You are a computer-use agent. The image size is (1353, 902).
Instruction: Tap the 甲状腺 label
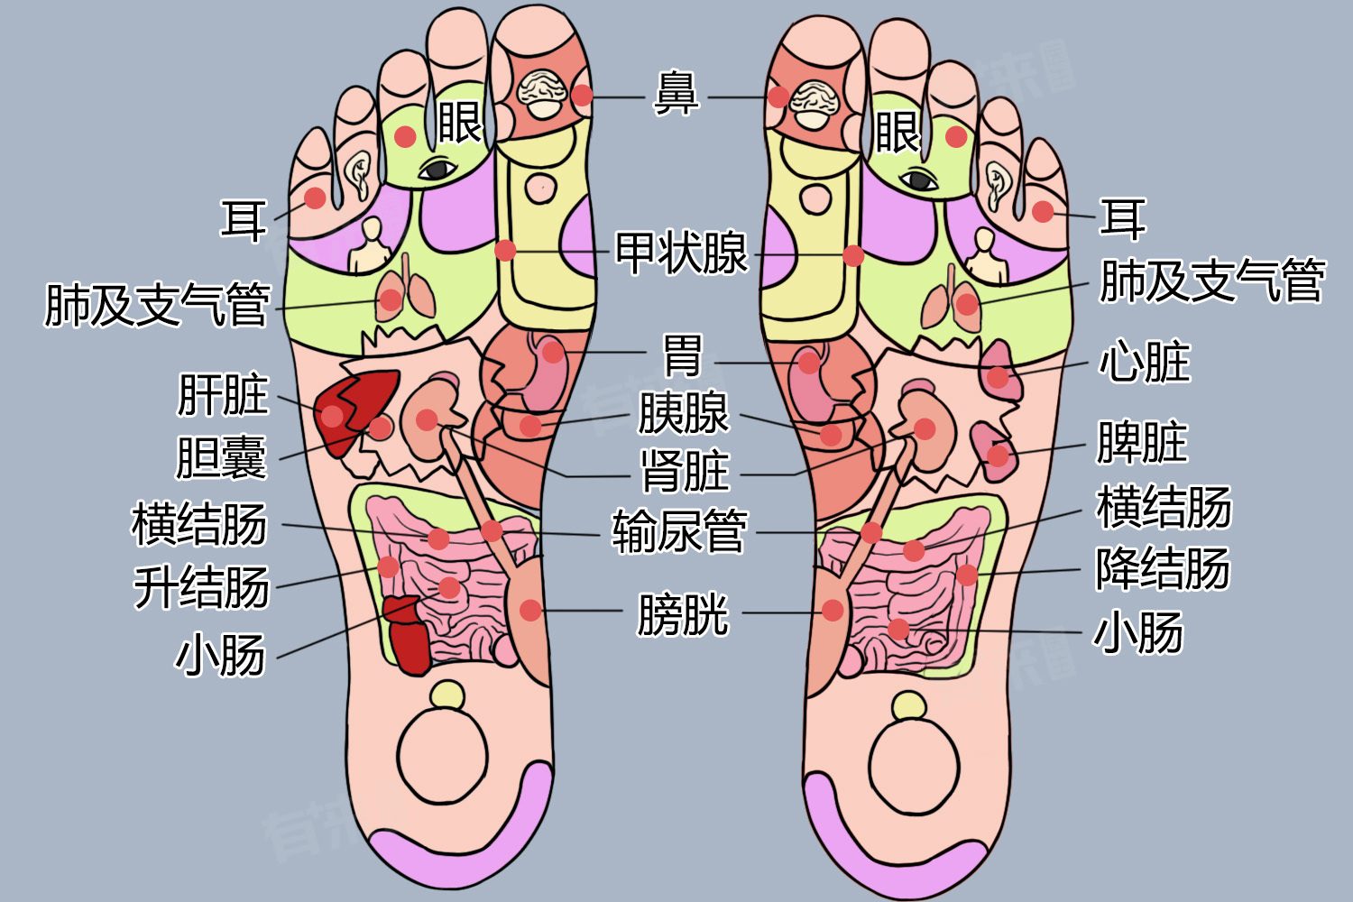pos(681,253)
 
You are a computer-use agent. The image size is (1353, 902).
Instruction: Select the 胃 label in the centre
pos(683,355)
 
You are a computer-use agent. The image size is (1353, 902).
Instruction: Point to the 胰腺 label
pos(684,412)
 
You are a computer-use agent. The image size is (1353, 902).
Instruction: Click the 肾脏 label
pos(685,471)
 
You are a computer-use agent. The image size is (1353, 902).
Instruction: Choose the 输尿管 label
pos(680,531)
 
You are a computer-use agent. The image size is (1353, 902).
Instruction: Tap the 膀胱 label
pos(684,614)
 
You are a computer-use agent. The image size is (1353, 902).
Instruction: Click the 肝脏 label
pos(223,394)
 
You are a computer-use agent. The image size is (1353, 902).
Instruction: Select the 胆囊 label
pos(221,457)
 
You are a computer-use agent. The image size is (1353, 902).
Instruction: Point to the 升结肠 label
pos(201,586)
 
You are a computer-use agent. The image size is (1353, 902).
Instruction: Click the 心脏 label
pos(1145,362)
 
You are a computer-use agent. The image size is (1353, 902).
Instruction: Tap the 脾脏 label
pos(1142,442)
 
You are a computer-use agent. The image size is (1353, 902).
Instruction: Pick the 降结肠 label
pos(1164,568)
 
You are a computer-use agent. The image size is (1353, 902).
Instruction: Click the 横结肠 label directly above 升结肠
pos(199,523)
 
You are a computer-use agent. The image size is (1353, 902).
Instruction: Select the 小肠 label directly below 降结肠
pos(1138,632)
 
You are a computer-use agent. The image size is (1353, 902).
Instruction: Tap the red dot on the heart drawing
pos(998,378)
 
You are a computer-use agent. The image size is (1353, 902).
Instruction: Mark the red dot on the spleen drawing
pos(998,455)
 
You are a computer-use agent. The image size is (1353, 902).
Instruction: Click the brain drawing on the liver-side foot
pos(542,93)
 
